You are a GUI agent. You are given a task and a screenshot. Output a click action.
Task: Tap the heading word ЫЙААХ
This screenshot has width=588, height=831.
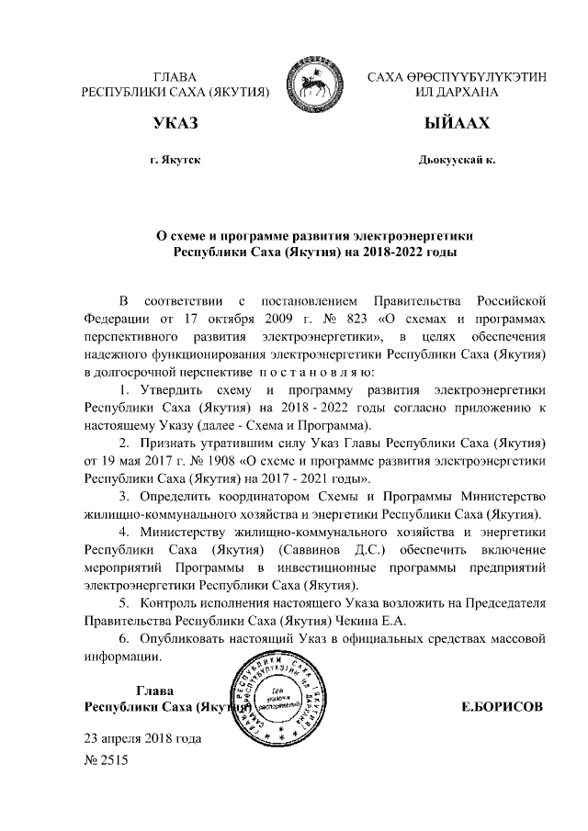pos(457,123)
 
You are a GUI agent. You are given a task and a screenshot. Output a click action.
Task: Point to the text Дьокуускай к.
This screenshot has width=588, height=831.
pos(457,160)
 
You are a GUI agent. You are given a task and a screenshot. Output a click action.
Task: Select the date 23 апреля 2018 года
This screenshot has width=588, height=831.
pos(142,737)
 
